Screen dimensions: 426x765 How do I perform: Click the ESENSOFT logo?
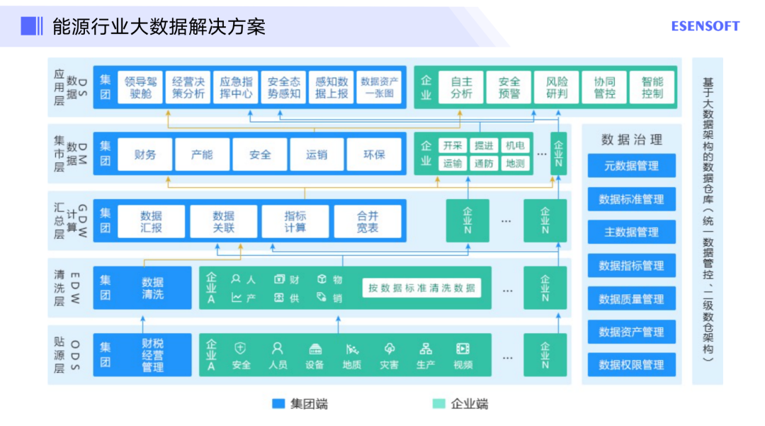tap(705, 26)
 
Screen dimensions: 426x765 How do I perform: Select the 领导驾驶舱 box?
tap(140, 87)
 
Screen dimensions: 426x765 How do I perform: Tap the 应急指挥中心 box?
tap(236, 87)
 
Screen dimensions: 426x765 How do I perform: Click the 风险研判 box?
tap(557, 87)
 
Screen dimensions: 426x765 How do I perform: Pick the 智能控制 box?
tap(652, 87)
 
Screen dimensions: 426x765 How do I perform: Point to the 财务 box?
tap(145, 154)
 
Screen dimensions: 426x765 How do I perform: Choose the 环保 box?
tap(374, 154)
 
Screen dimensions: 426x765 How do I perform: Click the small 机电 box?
tap(515, 145)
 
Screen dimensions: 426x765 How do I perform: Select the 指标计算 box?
tap(295, 222)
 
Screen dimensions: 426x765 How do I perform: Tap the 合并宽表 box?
tap(368, 222)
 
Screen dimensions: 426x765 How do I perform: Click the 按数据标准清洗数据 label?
tap(421, 288)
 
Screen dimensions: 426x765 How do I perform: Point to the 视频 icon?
tap(463, 349)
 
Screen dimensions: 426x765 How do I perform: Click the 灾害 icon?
tap(389, 349)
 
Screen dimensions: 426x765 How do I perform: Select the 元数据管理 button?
tap(631, 166)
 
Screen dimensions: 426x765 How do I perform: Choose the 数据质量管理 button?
tap(631, 299)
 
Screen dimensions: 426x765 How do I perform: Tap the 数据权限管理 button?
tap(631, 365)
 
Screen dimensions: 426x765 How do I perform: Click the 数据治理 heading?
tap(631, 140)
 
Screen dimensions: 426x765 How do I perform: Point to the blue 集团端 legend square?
tap(278, 404)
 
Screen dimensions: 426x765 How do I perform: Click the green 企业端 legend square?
tap(439, 404)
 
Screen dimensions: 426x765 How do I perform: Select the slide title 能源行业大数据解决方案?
tap(159, 27)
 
